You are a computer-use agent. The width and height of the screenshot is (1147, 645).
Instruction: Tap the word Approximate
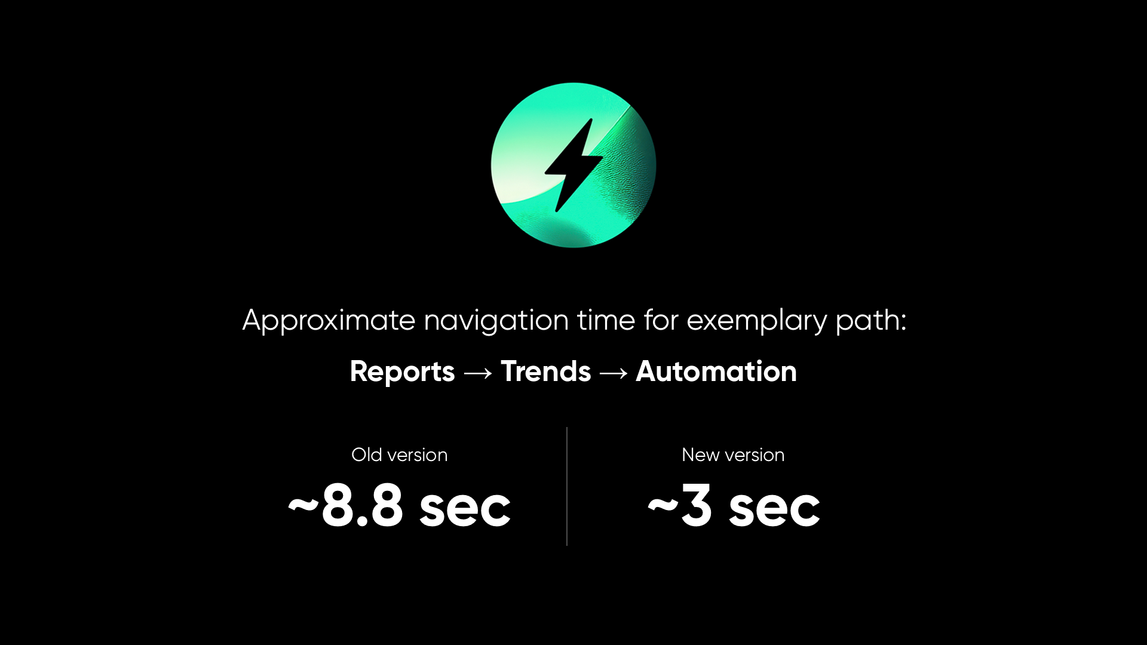(329, 321)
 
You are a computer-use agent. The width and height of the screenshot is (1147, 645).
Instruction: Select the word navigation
(496, 321)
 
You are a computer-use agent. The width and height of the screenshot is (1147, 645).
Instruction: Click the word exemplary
(756, 321)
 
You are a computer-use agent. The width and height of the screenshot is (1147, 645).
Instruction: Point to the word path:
(870, 321)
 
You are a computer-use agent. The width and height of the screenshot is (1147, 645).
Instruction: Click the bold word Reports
(402, 371)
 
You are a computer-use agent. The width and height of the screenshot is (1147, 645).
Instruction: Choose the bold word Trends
(545, 371)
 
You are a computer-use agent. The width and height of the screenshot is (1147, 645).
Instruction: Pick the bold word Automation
(716, 371)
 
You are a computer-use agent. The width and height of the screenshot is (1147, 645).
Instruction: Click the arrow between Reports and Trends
(478, 373)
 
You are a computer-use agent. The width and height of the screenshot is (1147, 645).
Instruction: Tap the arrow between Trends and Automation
(614, 373)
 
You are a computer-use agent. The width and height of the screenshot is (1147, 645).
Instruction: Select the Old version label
(399, 455)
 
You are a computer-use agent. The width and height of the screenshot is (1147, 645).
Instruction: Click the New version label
(732, 455)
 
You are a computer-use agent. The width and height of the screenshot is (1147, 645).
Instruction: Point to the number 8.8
(363, 506)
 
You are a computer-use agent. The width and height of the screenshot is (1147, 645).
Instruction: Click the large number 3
(696, 506)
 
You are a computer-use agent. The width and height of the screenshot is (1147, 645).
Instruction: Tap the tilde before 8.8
(303, 506)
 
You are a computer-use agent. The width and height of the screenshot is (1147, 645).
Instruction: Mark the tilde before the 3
(662, 506)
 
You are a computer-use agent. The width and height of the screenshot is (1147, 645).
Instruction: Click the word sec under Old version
(465, 509)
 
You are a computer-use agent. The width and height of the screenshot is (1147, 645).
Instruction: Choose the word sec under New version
(774, 509)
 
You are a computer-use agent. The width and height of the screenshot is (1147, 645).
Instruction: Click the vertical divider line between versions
(567, 486)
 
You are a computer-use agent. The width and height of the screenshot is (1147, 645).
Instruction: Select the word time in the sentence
(606, 321)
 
